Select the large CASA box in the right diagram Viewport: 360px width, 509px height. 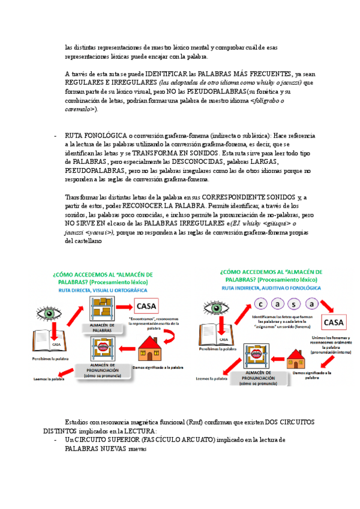(x=334, y=323)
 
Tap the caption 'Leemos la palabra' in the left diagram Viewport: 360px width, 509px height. (x=49, y=379)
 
